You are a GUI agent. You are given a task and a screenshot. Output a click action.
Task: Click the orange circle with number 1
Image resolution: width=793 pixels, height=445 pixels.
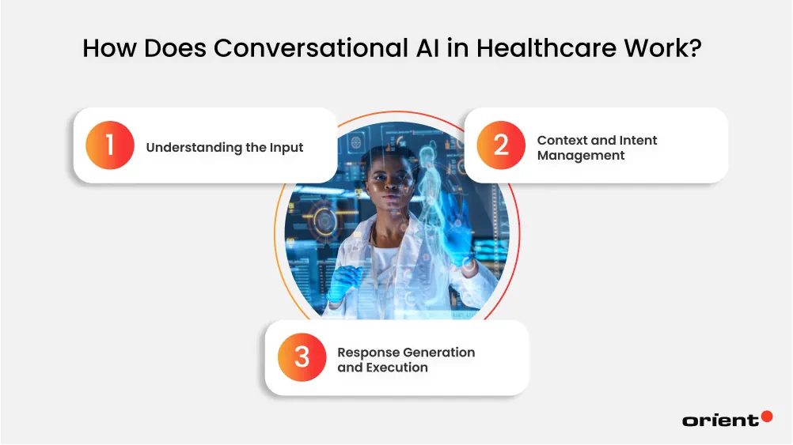point(110,145)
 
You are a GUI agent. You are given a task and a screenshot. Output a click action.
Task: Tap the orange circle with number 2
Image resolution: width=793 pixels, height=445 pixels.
point(500,145)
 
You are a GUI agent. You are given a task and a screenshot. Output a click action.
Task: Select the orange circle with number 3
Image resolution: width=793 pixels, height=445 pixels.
point(302,358)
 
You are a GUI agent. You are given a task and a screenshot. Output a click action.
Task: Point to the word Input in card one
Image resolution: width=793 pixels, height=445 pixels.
point(286,147)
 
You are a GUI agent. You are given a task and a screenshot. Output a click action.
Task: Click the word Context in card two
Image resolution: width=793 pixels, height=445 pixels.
point(562,140)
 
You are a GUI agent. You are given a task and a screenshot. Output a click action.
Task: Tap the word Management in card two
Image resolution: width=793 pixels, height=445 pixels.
point(580,156)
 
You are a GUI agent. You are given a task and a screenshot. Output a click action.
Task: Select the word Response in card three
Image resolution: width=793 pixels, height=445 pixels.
point(369,353)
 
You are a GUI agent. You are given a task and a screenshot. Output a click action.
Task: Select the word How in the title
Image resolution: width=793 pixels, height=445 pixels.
point(104,48)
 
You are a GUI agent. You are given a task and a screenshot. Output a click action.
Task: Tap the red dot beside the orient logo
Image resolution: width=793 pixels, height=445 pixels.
point(765,416)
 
